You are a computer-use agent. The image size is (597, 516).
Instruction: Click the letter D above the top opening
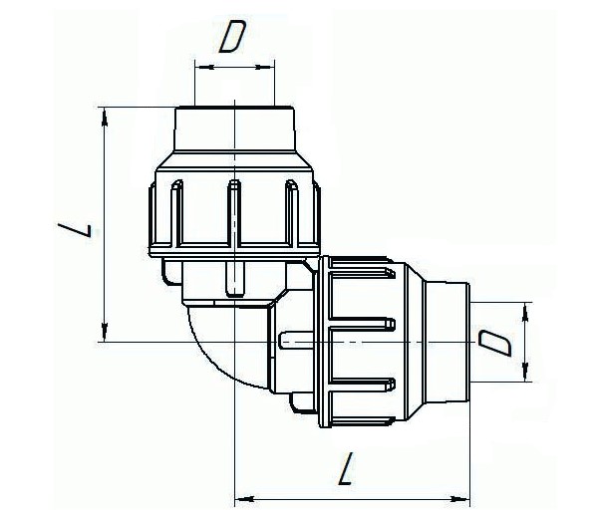point(232,36)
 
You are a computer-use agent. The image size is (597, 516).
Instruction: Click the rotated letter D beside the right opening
point(495,343)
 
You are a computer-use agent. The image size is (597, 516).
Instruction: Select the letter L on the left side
point(75,230)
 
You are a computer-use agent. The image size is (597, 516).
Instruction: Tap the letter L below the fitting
point(346,469)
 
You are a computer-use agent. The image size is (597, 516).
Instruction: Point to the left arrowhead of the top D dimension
point(205,68)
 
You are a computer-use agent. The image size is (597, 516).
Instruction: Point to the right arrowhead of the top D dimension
point(264,68)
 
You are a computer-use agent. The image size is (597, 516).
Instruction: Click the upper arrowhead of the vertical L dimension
point(105,117)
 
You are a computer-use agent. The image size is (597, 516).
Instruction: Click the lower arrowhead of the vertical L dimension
point(105,333)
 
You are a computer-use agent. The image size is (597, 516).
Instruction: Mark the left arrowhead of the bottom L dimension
point(244,498)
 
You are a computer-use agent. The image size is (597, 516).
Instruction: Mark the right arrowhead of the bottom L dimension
point(459,498)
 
